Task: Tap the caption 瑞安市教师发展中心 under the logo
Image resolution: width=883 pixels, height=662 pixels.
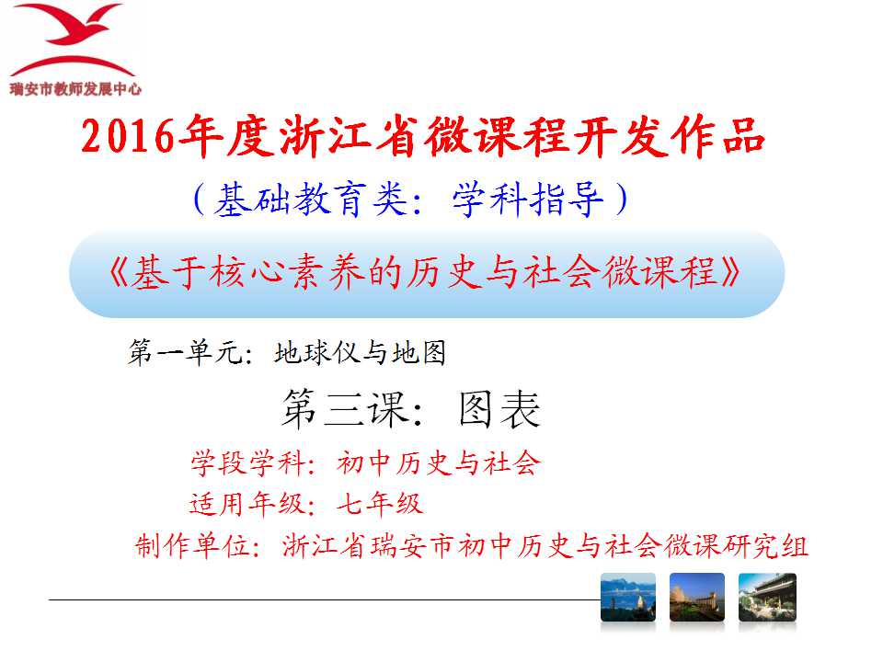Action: tap(75, 89)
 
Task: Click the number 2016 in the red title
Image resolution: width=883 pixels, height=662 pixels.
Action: tap(128, 137)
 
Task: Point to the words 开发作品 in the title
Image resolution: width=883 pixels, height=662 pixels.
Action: tap(669, 136)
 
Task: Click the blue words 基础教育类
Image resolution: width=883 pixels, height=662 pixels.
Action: tap(310, 200)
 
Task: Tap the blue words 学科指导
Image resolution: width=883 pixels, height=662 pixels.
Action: tap(528, 200)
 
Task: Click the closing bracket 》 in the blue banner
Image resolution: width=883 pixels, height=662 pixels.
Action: tap(729, 272)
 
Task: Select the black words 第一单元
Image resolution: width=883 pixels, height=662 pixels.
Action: tap(184, 352)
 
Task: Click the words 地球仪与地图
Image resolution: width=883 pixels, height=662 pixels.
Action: tap(361, 352)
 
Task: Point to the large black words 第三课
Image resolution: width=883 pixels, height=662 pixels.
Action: tap(345, 408)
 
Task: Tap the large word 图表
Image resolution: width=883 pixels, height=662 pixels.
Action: tap(499, 408)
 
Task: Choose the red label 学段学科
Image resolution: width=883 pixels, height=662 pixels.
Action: tap(247, 463)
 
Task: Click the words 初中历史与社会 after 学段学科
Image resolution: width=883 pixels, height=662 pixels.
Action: tap(439, 463)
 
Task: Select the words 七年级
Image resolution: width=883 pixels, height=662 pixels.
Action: tap(380, 503)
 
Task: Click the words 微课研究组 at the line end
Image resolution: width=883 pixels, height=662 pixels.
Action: tap(736, 545)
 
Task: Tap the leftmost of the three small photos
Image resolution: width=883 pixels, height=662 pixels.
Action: tap(628, 598)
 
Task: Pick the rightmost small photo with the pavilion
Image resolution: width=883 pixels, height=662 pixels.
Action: tap(767, 598)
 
